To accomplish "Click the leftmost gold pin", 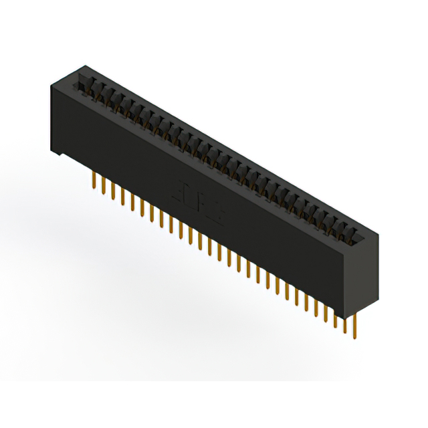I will pos(94,181).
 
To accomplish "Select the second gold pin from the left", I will pos(104,187).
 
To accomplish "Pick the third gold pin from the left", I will pos(113,192).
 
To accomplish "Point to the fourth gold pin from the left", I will pos(123,197).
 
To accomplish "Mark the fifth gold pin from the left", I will pos(132,203).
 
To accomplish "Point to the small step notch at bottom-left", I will pos(60,154).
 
